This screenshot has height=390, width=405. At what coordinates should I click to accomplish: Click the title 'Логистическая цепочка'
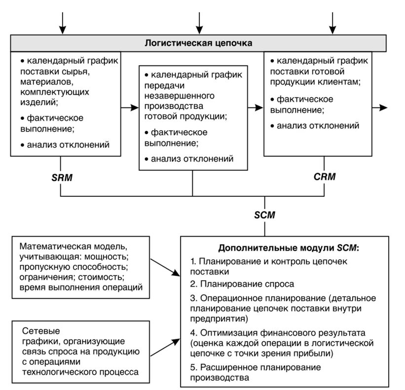[x=198, y=43]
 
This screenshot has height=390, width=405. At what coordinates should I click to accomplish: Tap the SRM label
[x=62, y=177]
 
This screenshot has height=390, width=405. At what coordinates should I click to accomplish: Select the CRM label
[x=324, y=177]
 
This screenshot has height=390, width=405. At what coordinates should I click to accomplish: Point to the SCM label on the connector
[x=264, y=215]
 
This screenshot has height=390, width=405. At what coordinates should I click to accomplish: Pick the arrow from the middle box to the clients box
[x=256, y=106]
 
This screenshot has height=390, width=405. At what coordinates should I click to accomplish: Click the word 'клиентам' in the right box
[x=339, y=81]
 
